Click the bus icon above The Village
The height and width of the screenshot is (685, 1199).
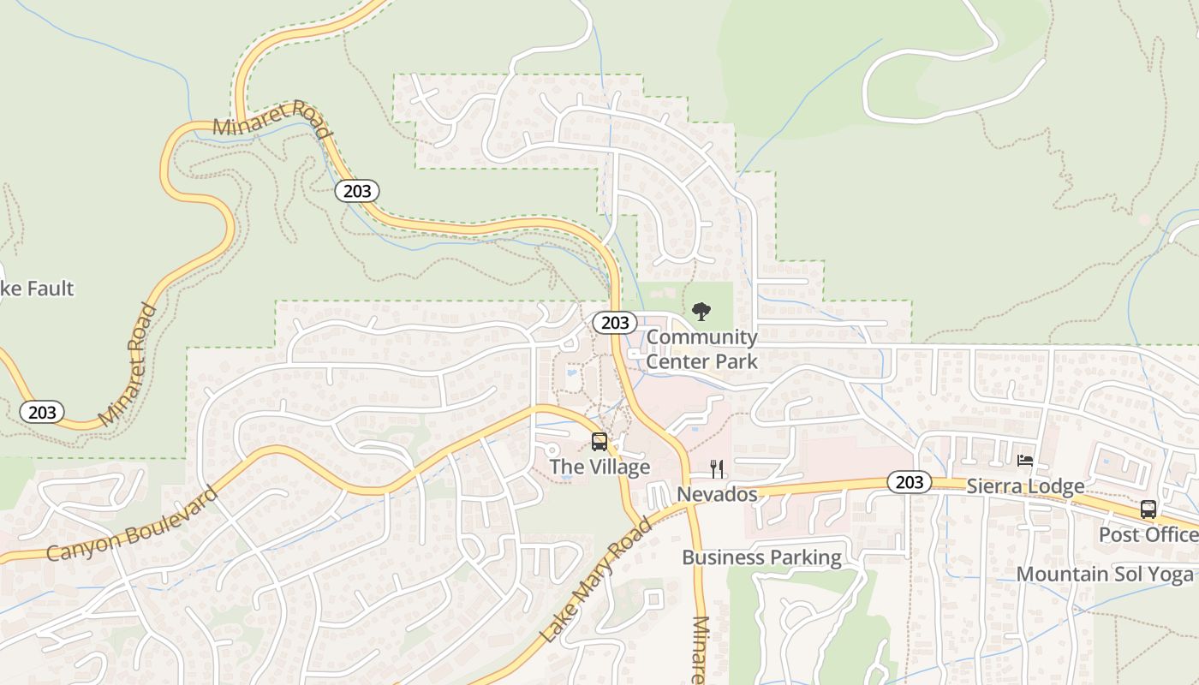599,442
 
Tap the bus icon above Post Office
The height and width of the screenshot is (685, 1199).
1148,509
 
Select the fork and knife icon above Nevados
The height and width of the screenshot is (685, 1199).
717,468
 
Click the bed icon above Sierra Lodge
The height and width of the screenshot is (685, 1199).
1024,461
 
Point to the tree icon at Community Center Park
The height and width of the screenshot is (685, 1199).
701,311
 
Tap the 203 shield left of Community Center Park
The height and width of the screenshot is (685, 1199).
615,323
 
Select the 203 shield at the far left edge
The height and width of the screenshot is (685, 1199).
41,413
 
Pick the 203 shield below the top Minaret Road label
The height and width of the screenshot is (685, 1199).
356,190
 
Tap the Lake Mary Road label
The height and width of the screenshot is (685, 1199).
596,581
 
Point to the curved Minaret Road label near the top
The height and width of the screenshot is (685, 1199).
271,120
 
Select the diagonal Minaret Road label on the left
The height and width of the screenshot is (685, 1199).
128,364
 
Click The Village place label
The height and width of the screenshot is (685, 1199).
599,467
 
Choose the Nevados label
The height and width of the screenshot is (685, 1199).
717,494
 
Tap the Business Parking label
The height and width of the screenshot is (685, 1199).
761,557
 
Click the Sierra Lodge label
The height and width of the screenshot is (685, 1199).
1025,486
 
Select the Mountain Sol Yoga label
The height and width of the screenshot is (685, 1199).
1105,574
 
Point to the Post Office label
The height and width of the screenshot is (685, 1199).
1148,534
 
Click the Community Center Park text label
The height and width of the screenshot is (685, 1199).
701,349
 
